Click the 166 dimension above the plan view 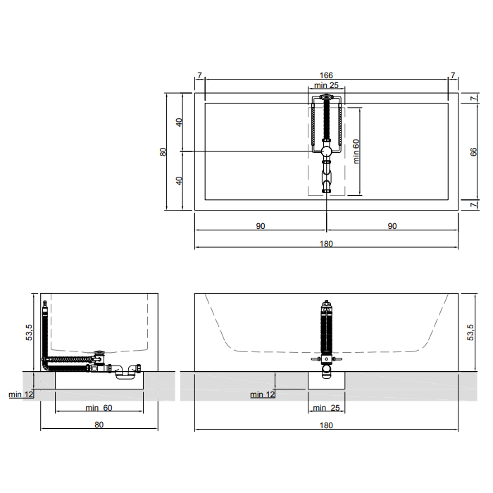tap(326, 75)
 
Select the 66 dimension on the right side tap(473, 152)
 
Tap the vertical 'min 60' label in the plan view tap(356, 151)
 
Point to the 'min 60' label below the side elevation tap(99, 408)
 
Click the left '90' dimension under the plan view tap(261, 226)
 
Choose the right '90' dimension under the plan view tap(392, 226)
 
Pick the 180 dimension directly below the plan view tap(326, 244)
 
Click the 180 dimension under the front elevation tap(326, 425)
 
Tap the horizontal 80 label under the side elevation tap(99, 425)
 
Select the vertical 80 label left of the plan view tap(163, 152)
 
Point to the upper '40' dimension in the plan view tap(179, 123)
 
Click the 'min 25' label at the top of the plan tap(326, 85)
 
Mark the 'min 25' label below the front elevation tap(326, 408)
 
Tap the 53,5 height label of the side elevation tap(30, 332)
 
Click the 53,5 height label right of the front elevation tap(470, 332)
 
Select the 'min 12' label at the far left tap(20, 394)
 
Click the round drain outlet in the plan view tap(326, 151)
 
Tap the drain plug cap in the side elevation tap(100, 352)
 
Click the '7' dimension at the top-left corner tap(199, 75)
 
